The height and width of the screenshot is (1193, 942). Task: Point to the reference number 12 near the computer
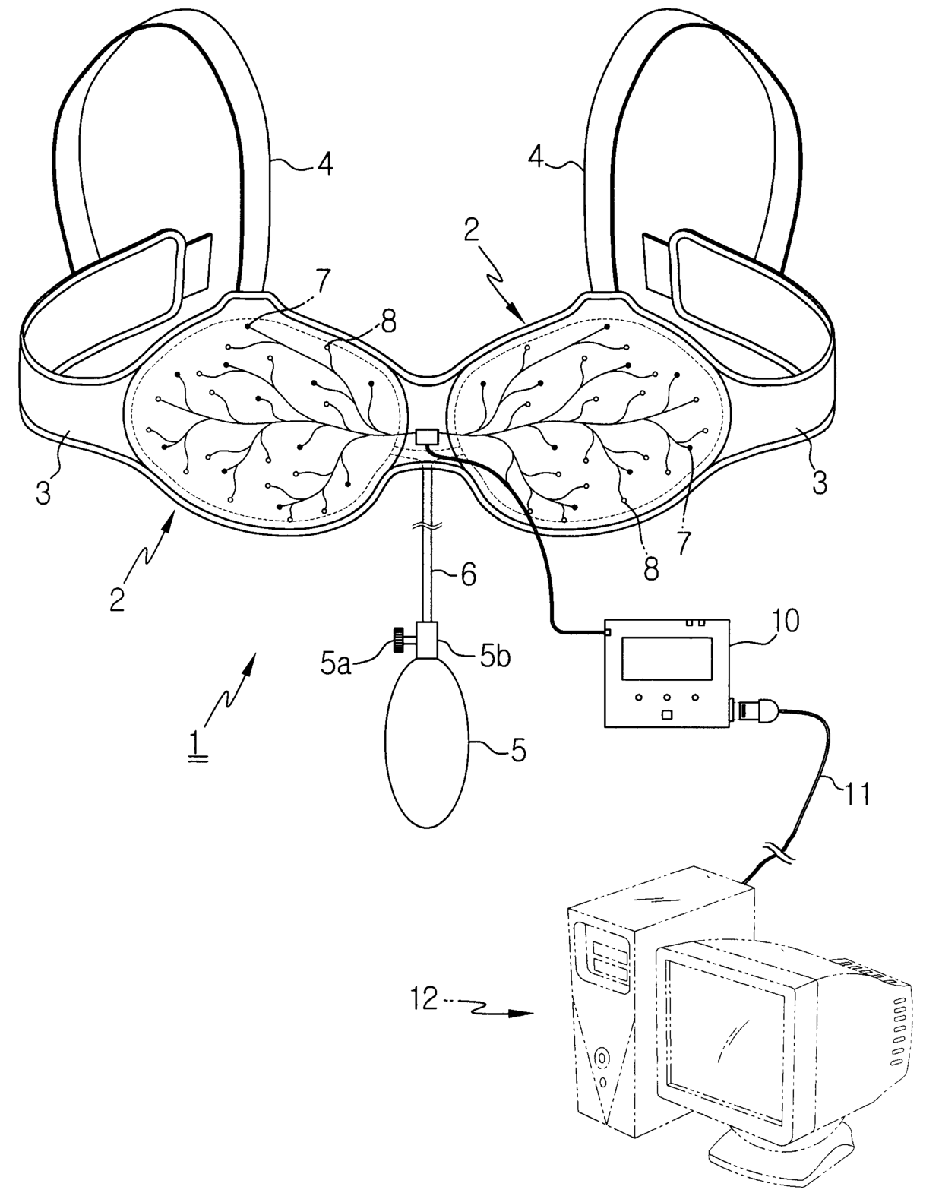click(x=425, y=998)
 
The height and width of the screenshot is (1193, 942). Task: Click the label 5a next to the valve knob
click(x=334, y=663)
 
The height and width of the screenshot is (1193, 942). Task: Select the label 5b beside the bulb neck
click(x=495, y=657)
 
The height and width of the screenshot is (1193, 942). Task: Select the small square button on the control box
click(x=667, y=714)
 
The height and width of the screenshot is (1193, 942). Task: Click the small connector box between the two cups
click(x=427, y=437)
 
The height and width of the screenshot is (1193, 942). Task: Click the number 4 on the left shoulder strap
click(x=324, y=164)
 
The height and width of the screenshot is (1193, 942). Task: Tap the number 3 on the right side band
click(x=819, y=483)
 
